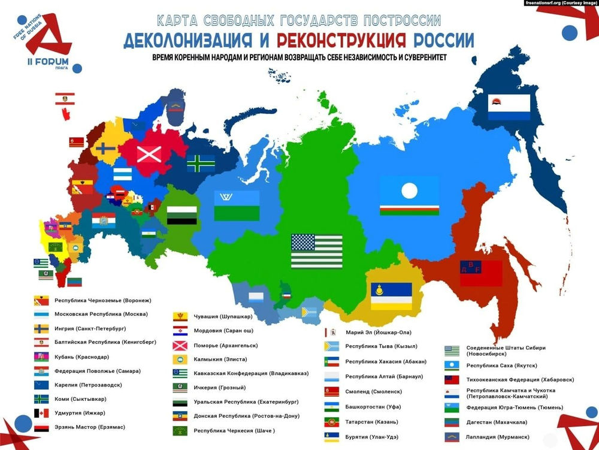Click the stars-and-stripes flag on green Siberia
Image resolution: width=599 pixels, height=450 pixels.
click(316, 251)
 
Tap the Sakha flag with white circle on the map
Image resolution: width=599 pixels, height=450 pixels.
click(409, 196)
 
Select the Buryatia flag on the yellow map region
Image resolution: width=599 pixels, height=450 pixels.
click(391, 295)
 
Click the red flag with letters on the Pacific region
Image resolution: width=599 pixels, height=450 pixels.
click(480, 273)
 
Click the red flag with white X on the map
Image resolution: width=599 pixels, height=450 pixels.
click(149, 154)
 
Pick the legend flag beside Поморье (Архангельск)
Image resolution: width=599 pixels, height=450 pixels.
click(180, 345)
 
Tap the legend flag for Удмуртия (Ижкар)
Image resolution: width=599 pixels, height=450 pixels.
click(41, 413)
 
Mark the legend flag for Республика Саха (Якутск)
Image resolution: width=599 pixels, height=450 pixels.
click(452, 365)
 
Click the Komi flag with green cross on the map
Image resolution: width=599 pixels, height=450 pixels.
click(200, 163)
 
